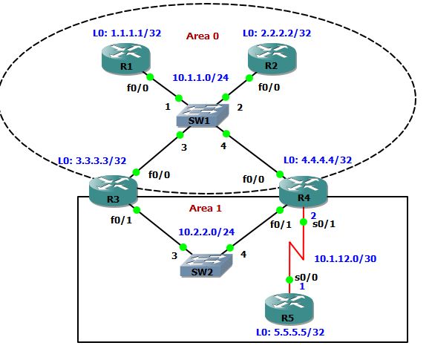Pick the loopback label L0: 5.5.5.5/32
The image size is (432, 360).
point(289,332)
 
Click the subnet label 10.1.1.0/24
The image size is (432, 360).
point(200,76)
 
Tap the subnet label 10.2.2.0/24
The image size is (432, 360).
point(206,232)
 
